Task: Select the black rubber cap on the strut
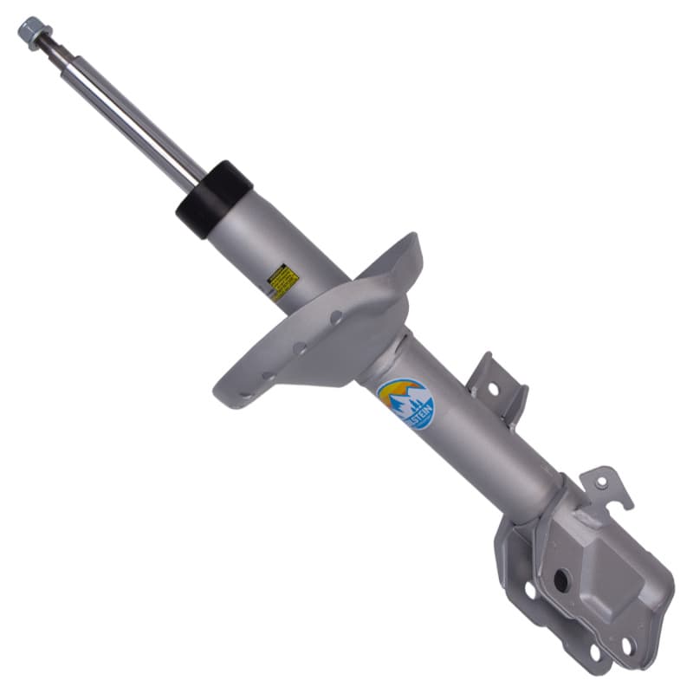pos(213,198)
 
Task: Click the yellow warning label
pos(282,282)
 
